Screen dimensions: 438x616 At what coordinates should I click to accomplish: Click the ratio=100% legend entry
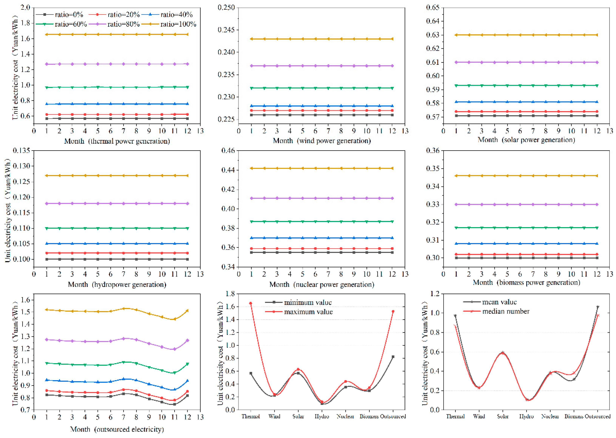[x=178, y=24]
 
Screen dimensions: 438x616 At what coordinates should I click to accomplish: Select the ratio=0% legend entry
[x=69, y=15]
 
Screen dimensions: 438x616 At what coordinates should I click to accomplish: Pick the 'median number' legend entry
[x=506, y=312]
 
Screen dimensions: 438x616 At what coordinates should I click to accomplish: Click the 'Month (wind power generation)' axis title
[x=322, y=141]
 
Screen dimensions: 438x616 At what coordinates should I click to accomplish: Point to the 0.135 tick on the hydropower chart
[x=21, y=150]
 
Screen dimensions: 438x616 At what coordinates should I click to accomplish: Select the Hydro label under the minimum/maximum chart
[x=322, y=416]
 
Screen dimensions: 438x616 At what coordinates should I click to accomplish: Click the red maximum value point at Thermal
[x=251, y=303]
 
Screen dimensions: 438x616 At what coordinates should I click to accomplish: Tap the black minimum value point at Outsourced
[x=393, y=357]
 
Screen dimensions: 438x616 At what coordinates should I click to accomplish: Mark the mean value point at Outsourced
[x=598, y=307]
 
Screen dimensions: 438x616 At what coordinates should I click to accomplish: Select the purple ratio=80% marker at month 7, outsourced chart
[x=124, y=338]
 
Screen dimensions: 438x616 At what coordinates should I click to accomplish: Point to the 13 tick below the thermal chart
[x=200, y=131]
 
